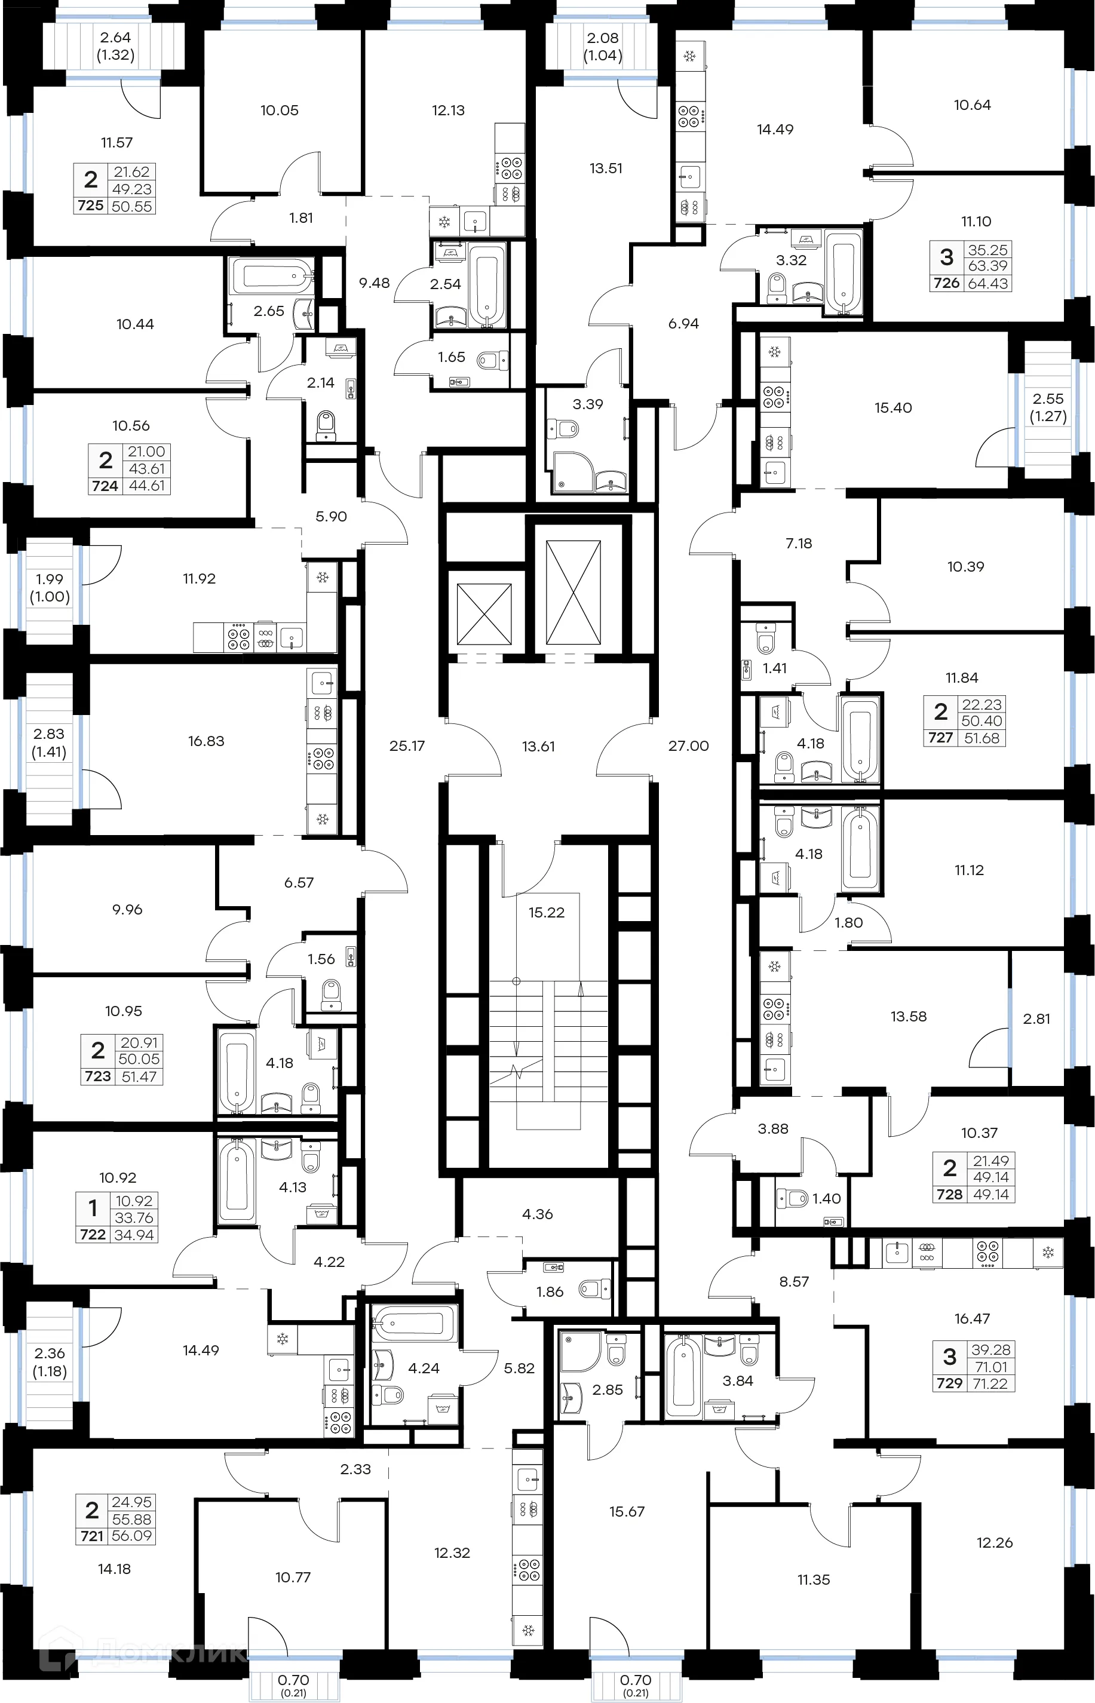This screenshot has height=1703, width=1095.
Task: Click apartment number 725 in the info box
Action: (x=91, y=205)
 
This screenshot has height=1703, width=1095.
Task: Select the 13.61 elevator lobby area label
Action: (x=538, y=746)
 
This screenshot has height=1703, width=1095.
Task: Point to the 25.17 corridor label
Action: (x=407, y=745)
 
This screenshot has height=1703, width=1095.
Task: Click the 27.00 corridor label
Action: (x=688, y=745)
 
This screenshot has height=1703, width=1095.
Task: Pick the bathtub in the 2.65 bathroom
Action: (x=271, y=274)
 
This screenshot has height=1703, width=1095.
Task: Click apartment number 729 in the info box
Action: (x=949, y=1383)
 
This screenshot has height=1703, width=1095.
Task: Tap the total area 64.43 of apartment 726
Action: (x=987, y=283)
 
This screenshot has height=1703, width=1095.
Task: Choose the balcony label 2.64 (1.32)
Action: (x=115, y=45)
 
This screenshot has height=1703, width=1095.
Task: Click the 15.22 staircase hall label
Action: (x=546, y=912)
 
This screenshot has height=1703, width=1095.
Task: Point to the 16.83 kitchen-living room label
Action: (x=205, y=741)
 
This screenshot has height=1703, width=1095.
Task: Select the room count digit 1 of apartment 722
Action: (x=93, y=1208)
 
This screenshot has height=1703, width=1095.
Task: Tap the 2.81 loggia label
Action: (x=1036, y=1018)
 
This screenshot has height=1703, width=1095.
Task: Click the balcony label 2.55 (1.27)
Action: (x=1047, y=407)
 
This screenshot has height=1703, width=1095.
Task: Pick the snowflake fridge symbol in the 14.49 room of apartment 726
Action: (x=689, y=56)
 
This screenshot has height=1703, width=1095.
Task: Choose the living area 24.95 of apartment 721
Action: (x=131, y=1502)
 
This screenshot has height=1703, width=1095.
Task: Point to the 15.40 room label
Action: (x=892, y=407)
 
